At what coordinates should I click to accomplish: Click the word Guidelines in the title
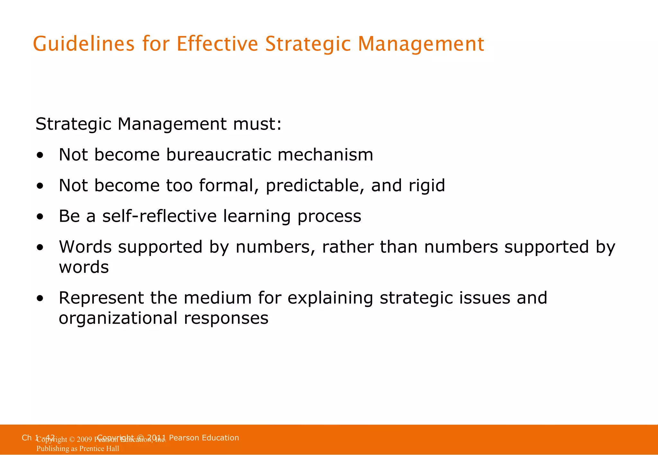click(x=84, y=44)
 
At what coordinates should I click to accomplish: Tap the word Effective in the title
click(x=217, y=44)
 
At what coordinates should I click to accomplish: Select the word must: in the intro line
click(x=257, y=124)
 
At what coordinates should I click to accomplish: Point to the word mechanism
click(x=325, y=155)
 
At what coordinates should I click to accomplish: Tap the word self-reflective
click(x=159, y=216)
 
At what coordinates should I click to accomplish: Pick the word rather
click(x=348, y=247)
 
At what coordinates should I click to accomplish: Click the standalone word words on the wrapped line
click(x=84, y=267)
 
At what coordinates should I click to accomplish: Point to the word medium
click(x=218, y=298)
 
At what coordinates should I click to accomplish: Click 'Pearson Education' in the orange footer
click(x=204, y=438)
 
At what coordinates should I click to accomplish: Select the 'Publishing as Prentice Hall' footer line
click(x=78, y=449)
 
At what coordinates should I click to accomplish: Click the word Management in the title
click(x=421, y=44)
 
